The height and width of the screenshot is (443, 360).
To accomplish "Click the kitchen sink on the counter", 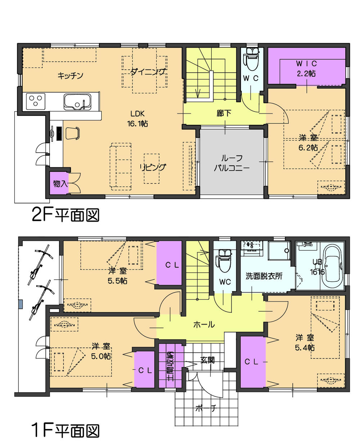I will [x=77, y=101].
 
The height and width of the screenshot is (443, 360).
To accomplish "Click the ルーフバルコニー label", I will [x=232, y=162].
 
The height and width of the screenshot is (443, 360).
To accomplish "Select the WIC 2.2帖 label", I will [x=306, y=68].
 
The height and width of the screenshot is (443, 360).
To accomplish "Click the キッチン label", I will [x=71, y=76].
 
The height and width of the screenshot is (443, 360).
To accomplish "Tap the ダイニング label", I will [x=148, y=72].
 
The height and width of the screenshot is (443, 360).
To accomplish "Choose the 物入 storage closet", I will [x=59, y=184].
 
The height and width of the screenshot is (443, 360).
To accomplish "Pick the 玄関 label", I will [x=208, y=360].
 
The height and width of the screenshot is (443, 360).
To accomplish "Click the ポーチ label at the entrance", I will [x=206, y=408].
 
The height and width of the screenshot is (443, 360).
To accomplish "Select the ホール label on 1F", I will [x=204, y=325].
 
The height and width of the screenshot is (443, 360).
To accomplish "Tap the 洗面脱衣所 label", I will [x=264, y=276].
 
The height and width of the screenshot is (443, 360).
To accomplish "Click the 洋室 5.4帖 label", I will [x=305, y=343].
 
